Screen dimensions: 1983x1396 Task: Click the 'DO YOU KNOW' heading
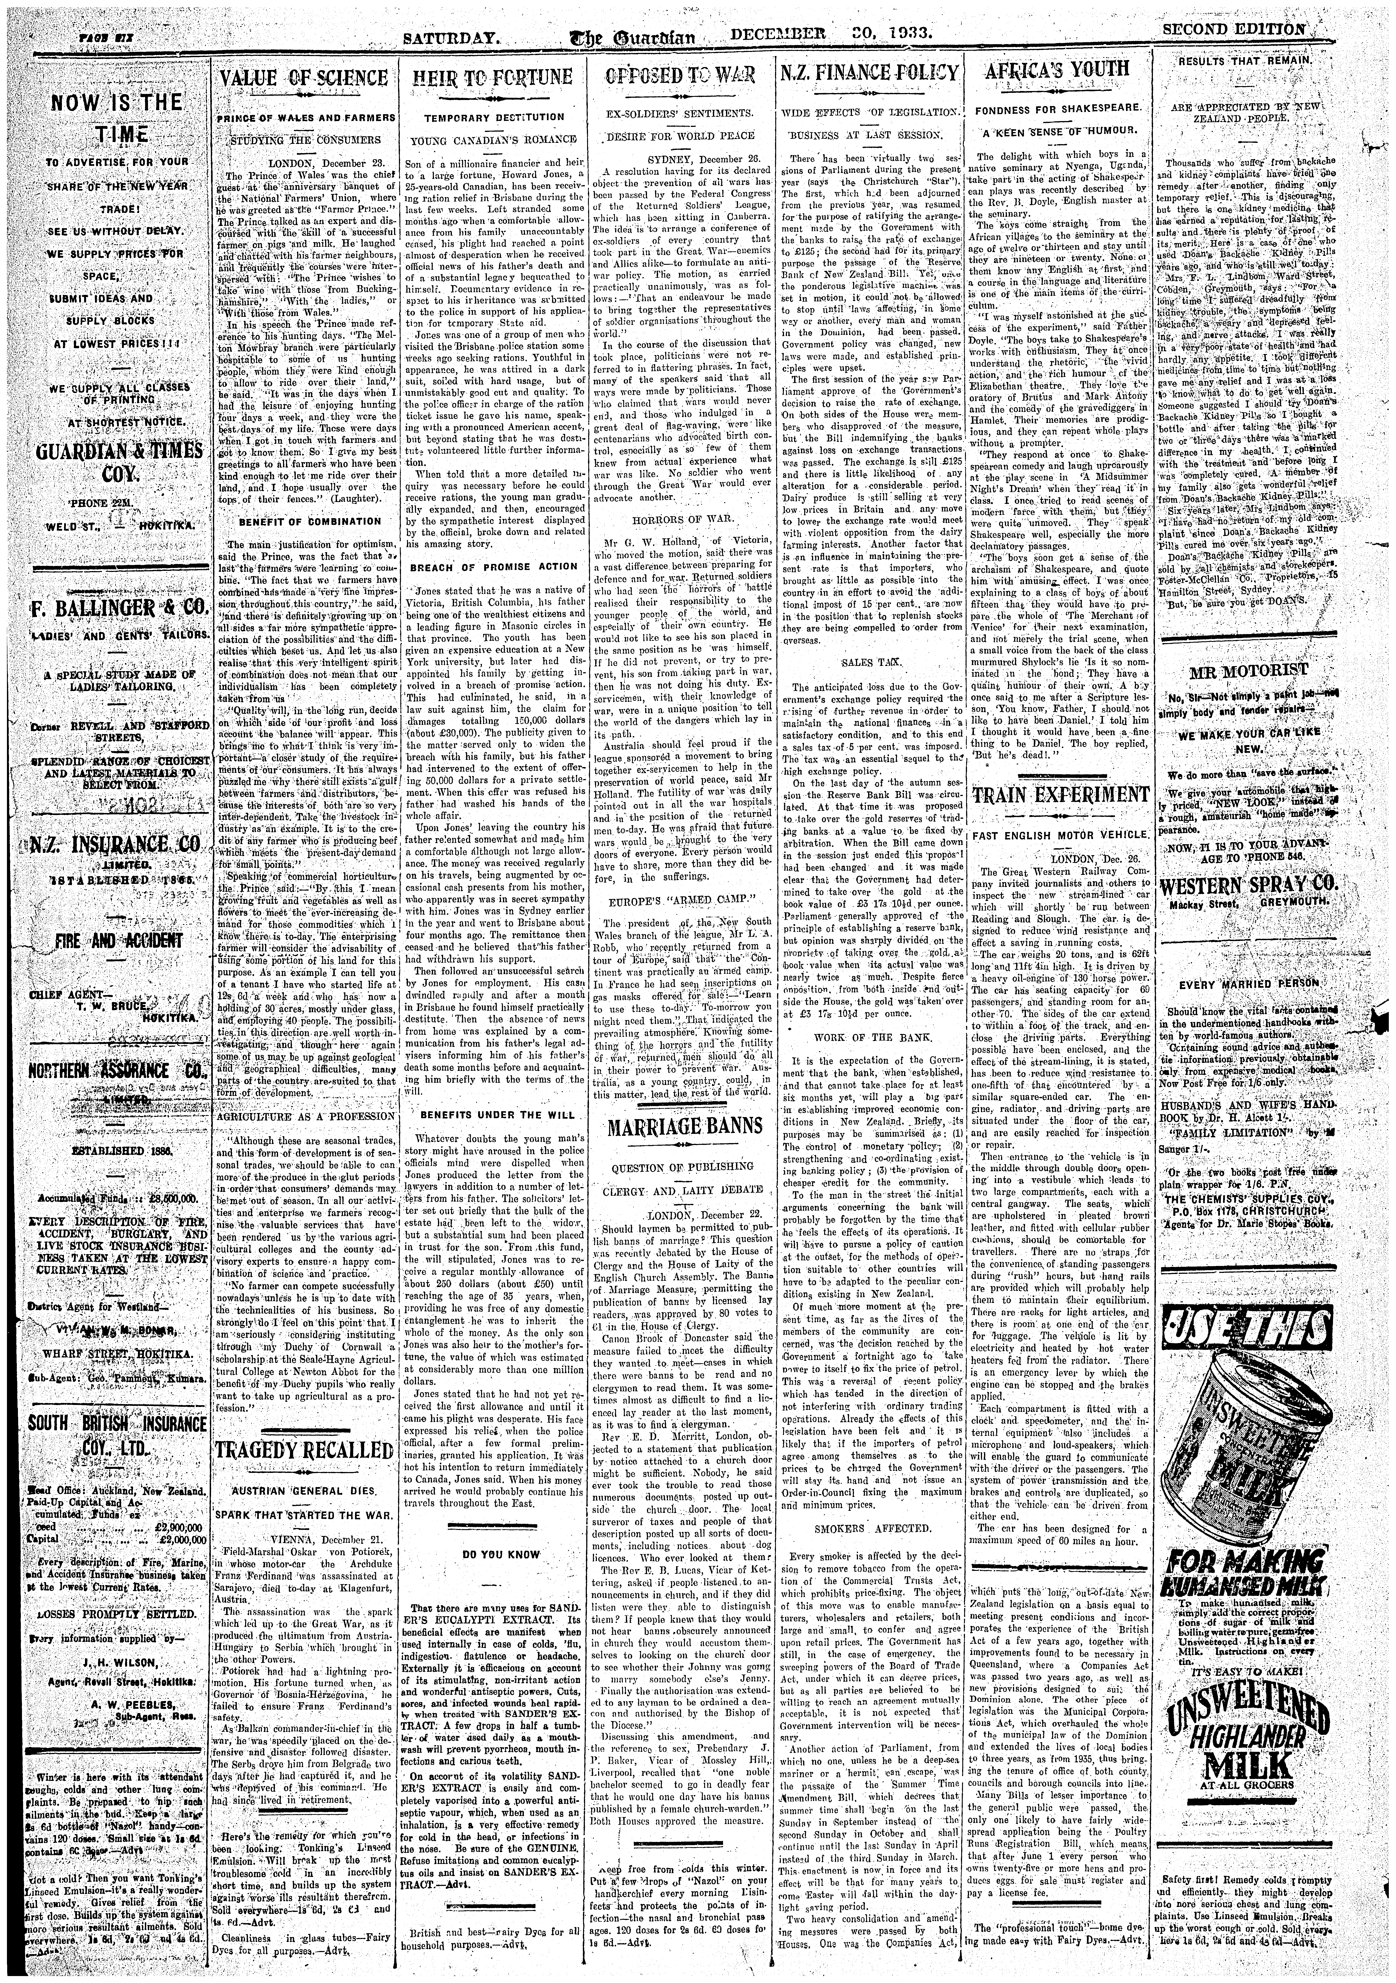pos(489,1554)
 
